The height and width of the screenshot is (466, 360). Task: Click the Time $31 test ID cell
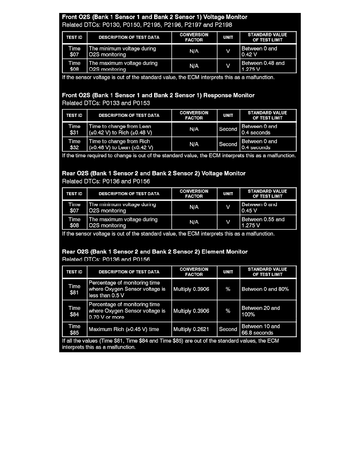coord(74,129)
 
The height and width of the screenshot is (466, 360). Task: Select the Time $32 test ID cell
coord(74,144)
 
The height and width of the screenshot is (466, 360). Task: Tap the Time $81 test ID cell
coord(74,289)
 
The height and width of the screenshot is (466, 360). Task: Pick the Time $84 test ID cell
coord(74,311)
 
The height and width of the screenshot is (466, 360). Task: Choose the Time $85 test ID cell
coord(74,329)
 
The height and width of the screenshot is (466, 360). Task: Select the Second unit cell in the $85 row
coord(228,329)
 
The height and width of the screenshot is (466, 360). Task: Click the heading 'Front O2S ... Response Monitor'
coord(158,95)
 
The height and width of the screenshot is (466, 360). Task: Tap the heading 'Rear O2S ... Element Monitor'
coord(155,252)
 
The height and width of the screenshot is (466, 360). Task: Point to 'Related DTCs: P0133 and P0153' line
coord(106,103)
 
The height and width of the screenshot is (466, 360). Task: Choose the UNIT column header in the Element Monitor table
coord(228,272)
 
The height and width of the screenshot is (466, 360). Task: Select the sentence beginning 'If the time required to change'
coord(179,155)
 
